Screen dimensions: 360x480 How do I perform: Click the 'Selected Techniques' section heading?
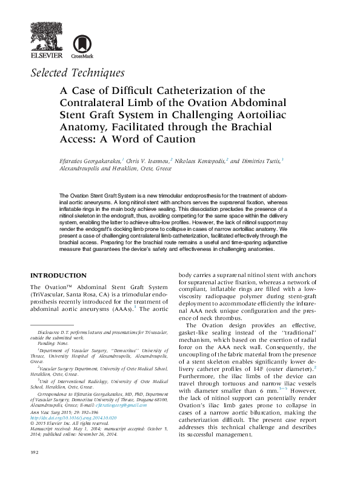(x=77, y=73)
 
